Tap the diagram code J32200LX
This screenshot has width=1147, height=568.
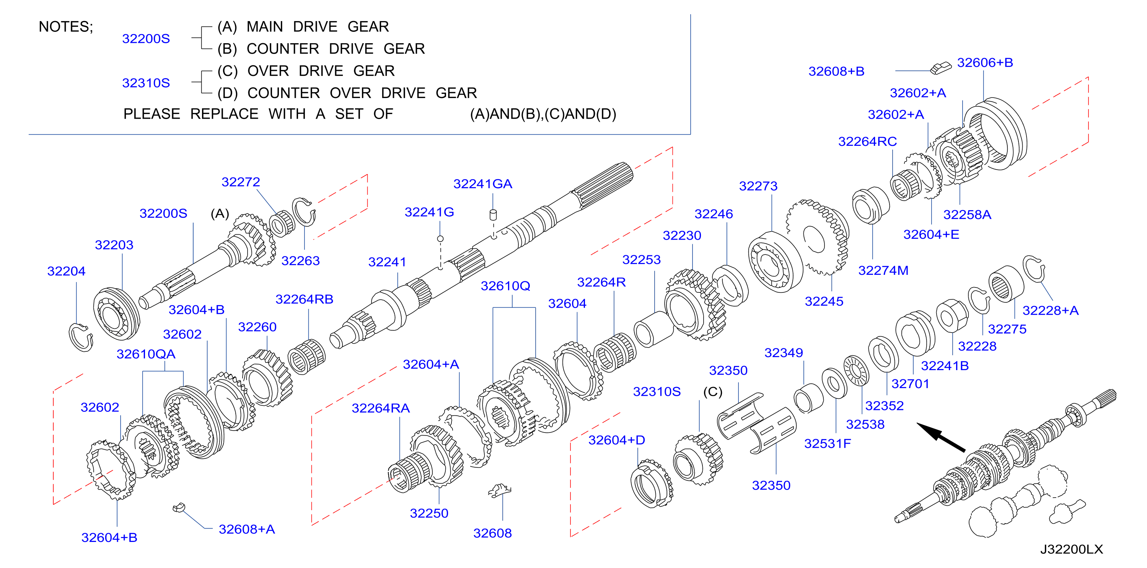click(x=1071, y=549)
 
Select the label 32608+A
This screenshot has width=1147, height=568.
click(x=247, y=529)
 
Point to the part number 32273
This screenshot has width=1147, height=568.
click(x=758, y=186)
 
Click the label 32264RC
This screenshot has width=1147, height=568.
click(x=867, y=142)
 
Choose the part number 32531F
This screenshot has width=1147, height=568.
click(x=827, y=444)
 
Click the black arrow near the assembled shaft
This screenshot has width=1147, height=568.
click(x=940, y=437)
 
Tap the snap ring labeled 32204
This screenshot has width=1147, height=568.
click(x=81, y=337)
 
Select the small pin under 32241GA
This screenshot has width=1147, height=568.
click(x=493, y=215)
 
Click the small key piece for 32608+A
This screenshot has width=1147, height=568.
click(x=179, y=508)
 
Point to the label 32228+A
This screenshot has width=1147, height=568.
click(x=1050, y=310)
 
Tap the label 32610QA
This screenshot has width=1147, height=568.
click(x=146, y=354)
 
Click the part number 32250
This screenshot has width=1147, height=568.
click(x=429, y=513)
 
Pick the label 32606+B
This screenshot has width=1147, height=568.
click(x=985, y=63)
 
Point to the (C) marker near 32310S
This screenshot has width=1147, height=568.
click(x=712, y=392)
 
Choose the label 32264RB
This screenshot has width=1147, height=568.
click(x=304, y=299)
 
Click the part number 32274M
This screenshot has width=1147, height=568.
click(x=883, y=271)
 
